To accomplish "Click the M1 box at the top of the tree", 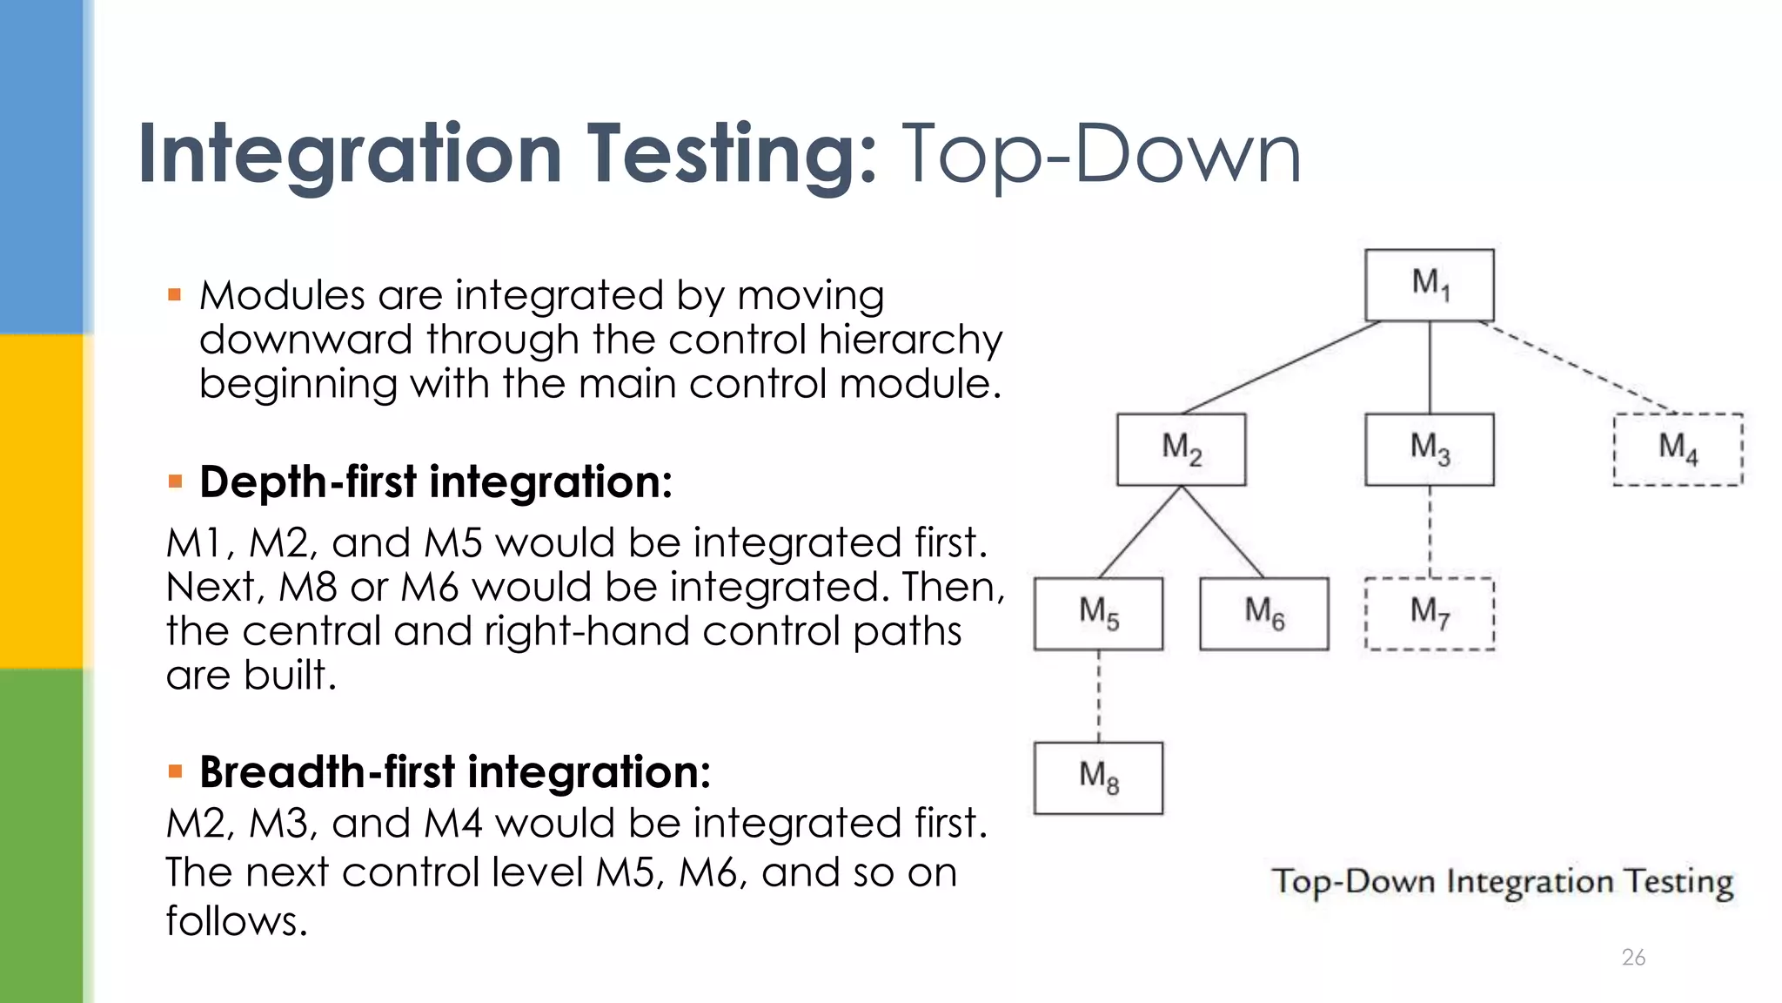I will (1429, 285).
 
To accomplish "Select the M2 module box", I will (1181, 449).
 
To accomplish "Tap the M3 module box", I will (1429, 449).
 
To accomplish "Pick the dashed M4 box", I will (1678, 449).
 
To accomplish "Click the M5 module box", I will (1098, 614).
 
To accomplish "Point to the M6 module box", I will (1263, 614).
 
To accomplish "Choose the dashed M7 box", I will (1429, 614).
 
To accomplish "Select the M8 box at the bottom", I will (1098, 777).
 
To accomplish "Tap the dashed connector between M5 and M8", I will (1098, 696).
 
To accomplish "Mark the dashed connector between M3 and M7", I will (1430, 531).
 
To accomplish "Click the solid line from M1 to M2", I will (1281, 367).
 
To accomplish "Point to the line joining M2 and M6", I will (1223, 531).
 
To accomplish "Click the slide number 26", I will (1633, 958).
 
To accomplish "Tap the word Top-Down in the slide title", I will (1102, 154).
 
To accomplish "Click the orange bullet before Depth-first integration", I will (175, 481).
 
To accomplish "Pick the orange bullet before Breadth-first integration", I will (175, 771).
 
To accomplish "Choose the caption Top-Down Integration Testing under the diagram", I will (1503, 883).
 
